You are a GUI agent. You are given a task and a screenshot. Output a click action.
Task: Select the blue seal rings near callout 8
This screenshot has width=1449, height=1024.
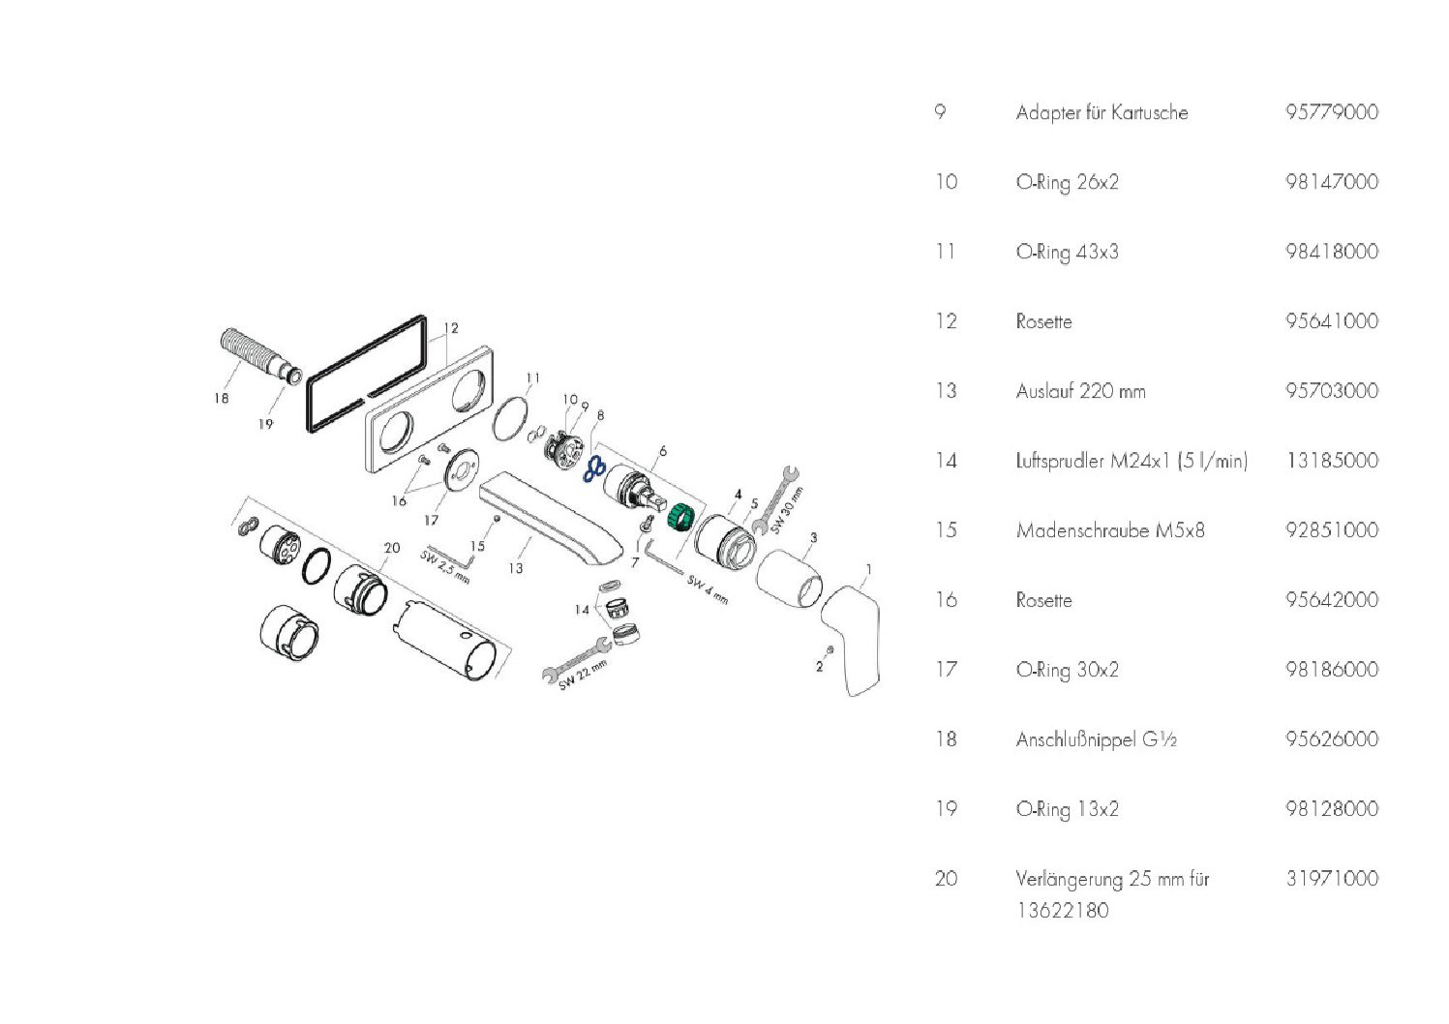pos(594,470)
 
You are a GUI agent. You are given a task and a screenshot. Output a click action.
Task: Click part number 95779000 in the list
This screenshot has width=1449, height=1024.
pos(1331,112)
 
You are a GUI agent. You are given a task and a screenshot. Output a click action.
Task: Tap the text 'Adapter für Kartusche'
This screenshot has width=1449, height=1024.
pos(1102,112)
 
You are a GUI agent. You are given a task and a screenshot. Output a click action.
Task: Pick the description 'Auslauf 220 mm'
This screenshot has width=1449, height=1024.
pos(1080,391)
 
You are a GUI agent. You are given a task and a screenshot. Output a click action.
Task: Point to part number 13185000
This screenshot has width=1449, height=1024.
pos(1331,461)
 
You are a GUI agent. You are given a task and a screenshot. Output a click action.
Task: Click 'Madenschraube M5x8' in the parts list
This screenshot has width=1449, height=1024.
pos(1110,530)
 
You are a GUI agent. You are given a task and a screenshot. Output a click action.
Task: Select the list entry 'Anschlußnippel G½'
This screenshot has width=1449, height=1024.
pos(1096,739)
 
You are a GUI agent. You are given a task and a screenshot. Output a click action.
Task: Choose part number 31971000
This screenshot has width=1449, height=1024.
pos(1331,879)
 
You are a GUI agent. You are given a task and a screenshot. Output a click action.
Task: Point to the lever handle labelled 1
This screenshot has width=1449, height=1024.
pos(853,634)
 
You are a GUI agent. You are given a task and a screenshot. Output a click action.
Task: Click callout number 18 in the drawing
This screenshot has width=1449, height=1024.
pos(222,398)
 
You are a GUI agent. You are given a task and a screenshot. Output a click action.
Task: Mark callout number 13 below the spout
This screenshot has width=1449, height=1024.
pos(516,568)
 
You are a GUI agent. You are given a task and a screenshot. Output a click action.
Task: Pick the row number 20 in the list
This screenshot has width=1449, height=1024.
pos(946,879)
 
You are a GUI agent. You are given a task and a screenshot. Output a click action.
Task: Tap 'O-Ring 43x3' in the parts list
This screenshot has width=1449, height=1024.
pos(1067,252)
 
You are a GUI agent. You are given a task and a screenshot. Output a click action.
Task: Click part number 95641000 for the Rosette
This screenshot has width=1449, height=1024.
pos(1331,321)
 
